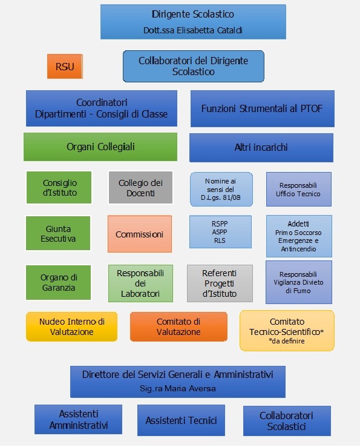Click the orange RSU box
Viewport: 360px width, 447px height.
(65, 67)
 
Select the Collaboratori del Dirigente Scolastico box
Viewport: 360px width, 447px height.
(194, 66)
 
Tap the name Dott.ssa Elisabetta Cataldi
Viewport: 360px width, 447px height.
(193, 30)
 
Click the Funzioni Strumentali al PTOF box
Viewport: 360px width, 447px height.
(263, 108)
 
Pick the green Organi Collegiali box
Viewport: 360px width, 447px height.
(100, 147)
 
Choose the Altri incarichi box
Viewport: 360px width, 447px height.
(261, 148)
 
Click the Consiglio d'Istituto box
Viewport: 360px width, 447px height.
(59, 188)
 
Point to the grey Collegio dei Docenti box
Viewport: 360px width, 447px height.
(140, 188)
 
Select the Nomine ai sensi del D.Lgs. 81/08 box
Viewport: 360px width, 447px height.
(221, 190)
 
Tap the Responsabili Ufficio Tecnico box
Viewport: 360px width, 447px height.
(299, 190)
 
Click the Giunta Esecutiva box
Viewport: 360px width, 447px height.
(58, 233)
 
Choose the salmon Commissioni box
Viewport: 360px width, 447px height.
(140, 234)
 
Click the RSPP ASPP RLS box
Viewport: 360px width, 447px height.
(220, 232)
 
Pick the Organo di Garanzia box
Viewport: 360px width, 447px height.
(58, 282)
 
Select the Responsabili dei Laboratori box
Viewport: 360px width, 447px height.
(140, 283)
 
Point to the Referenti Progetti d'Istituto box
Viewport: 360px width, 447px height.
(220, 283)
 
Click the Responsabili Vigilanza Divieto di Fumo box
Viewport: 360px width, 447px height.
(299, 282)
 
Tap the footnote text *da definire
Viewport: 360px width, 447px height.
(287, 341)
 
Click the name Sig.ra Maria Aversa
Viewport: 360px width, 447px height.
(177, 388)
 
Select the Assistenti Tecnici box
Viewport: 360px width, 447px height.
(181, 420)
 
